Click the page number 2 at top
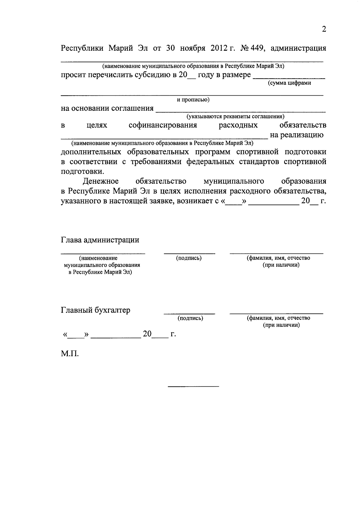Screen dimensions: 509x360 click(x=323, y=29)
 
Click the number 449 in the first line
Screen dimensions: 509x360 click(x=258, y=48)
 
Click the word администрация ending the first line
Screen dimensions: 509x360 click(x=298, y=48)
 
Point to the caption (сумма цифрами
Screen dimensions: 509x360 click(x=289, y=83)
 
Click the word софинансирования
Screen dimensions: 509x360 click(x=163, y=125)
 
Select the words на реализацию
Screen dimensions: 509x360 click(x=296, y=135)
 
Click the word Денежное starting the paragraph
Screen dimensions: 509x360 click(x=101, y=181)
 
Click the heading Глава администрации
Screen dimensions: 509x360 click(x=100, y=240)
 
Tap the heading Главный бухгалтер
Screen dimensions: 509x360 click(x=96, y=310)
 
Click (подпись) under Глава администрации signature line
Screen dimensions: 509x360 click(x=189, y=258)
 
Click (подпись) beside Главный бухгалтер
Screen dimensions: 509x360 click(x=190, y=318)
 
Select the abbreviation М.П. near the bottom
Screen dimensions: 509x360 click(x=70, y=354)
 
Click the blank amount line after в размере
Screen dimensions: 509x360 click(x=289, y=78)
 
